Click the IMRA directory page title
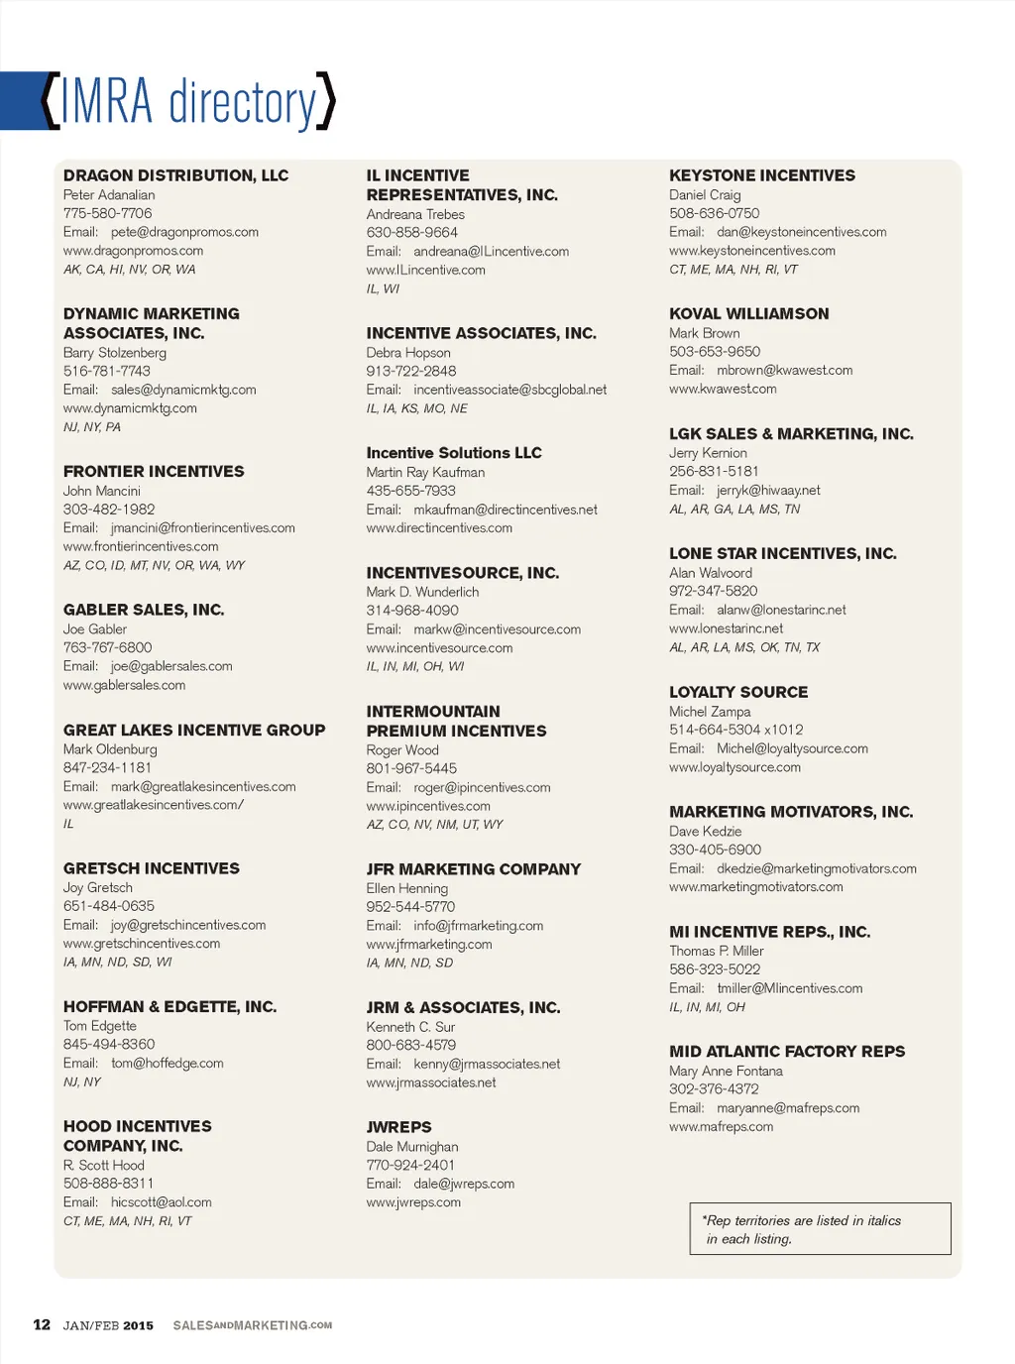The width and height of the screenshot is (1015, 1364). tap(188, 101)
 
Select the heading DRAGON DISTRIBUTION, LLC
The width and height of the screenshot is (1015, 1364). tap(175, 175)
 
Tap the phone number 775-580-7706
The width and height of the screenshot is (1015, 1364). tap(107, 213)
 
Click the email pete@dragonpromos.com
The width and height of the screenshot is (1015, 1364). tap(184, 232)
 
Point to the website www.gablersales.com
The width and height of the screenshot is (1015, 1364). tap(124, 685)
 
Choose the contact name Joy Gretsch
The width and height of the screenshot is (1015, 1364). tap(97, 887)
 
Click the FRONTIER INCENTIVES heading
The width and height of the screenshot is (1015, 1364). tap(154, 472)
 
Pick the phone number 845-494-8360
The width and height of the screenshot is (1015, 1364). tap(109, 1044)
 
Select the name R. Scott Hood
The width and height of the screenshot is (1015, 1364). tap(103, 1165)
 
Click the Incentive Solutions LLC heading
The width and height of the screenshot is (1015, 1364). tap(454, 453)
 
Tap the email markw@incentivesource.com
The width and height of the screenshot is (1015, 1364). tap(497, 629)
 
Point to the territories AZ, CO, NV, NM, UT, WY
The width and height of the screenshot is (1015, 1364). tap(434, 825)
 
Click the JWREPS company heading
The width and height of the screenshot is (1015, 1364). tap(398, 1127)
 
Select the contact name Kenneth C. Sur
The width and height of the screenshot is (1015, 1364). tap(410, 1027)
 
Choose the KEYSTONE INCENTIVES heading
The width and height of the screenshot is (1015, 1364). tap(761, 175)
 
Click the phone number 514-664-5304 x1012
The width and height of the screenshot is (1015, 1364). tap(735, 730)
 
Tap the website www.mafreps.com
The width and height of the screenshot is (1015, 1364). tap(721, 1127)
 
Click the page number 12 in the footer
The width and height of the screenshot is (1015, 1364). tap(42, 1324)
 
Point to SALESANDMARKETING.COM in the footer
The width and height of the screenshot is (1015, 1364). tap(252, 1325)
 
